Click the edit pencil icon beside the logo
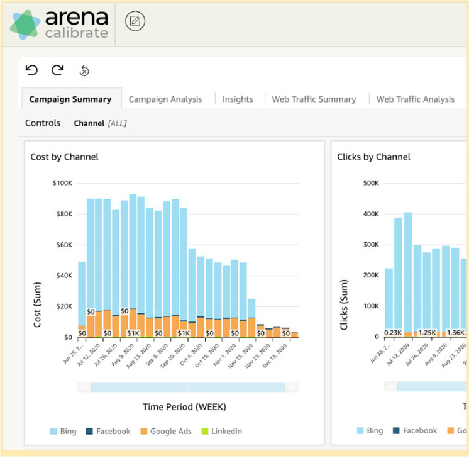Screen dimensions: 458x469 point(135,21)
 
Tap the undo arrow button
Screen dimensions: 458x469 point(32,70)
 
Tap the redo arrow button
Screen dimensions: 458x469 point(58,70)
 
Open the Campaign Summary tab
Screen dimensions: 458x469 point(70,99)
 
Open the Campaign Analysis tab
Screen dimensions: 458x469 point(165,99)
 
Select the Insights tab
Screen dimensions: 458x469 point(238,99)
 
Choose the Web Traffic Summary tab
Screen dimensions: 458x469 point(314,99)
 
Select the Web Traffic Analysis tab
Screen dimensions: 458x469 point(415,99)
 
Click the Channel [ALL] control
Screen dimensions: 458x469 point(100,123)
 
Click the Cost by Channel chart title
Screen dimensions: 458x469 point(64,157)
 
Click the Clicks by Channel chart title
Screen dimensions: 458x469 point(373,157)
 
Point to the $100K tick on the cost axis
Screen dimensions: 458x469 point(62,183)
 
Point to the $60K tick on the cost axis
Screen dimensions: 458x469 point(63,245)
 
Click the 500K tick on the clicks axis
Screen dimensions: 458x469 point(369,183)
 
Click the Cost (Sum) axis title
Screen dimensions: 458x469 point(38,304)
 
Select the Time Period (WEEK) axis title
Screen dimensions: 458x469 point(184,406)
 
